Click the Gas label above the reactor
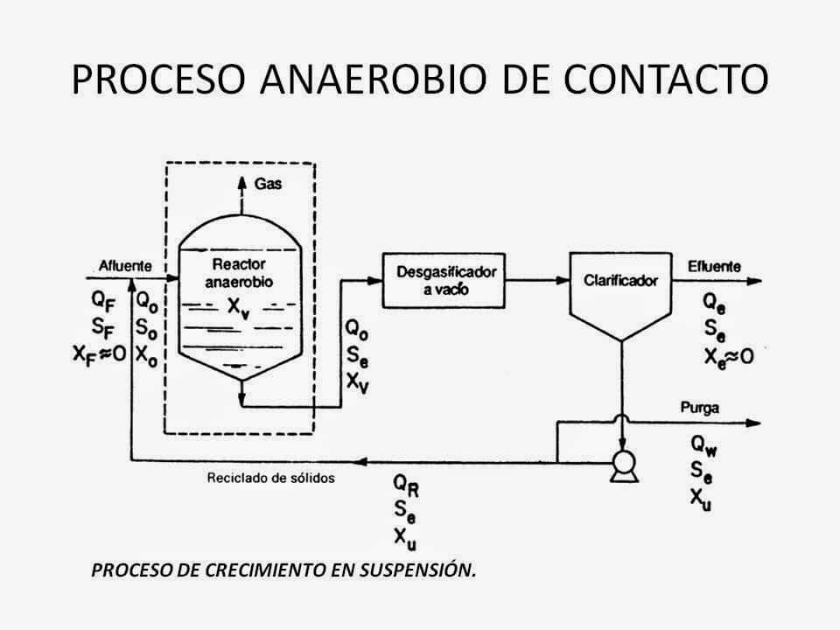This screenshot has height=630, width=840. coord(268,185)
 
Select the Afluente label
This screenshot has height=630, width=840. coord(125,266)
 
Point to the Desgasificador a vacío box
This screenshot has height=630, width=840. coord(444,278)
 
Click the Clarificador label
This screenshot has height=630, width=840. coord(620,281)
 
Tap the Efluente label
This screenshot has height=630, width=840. coord(714,266)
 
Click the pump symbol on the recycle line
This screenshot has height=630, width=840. coord(624,465)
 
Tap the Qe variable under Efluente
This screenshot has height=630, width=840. coord(715,303)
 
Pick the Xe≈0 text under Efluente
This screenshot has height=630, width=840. coord(728,354)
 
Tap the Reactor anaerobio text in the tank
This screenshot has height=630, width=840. coord(239,272)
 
